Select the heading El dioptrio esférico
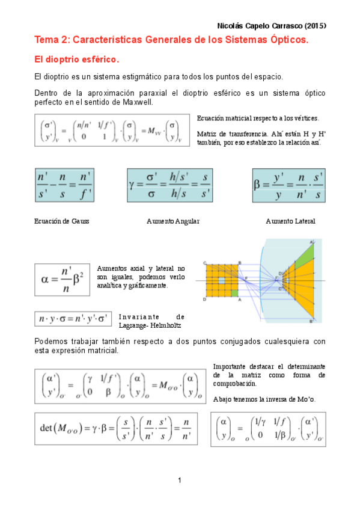[77, 60]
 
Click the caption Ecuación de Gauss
[62, 221]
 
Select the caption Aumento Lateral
[290, 221]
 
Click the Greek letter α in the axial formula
[43, 280]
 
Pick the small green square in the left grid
[234, 293]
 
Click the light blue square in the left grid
[222, 281]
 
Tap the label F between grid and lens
[245, 278]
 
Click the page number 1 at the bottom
[180, 480]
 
